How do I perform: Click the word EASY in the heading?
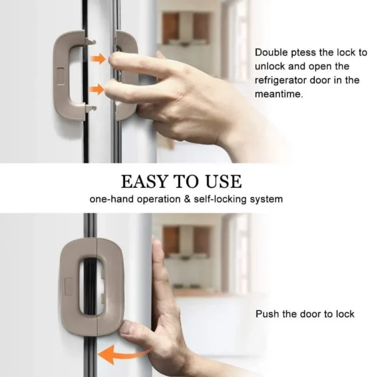[x=143, y=182]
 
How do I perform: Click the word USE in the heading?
[x=221, y=182]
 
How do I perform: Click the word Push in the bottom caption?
[x=266, y=314]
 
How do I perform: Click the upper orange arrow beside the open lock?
[x=97, y=60]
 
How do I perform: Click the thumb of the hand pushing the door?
[x=132, y=327]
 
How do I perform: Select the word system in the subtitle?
[x=266, y=199]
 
